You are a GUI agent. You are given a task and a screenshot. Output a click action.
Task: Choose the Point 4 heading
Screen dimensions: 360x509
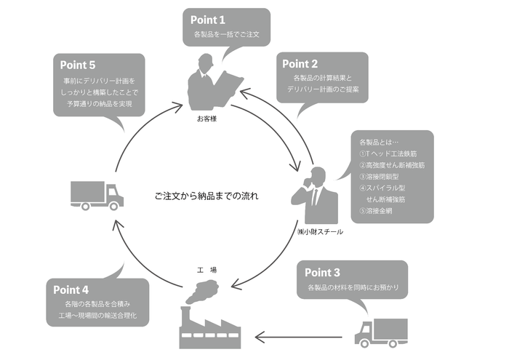click(72, 289)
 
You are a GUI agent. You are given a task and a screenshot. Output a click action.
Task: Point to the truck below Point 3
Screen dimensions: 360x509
click(377, 332)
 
